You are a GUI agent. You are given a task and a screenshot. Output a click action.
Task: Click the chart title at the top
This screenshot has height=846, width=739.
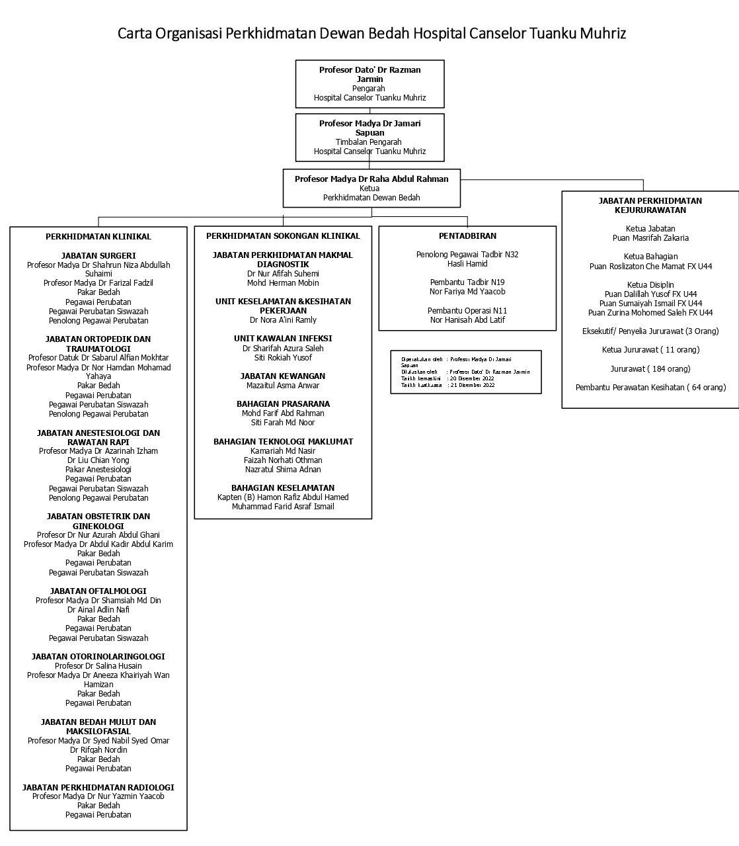[371, 33]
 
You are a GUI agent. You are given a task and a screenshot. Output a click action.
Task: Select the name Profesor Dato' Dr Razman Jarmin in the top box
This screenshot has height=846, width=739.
[370, 74]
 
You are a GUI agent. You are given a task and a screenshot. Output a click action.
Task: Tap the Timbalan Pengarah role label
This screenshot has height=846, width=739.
[368, 142]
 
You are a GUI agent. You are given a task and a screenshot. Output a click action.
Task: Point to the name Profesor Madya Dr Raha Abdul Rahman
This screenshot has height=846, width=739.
[371, 179]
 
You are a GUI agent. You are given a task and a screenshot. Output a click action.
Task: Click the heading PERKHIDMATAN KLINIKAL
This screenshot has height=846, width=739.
[98, 236]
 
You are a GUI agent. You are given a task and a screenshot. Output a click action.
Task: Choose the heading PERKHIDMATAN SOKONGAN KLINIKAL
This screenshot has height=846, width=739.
[283, 235]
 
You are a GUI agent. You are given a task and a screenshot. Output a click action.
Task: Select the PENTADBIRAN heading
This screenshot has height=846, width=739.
[467, 235]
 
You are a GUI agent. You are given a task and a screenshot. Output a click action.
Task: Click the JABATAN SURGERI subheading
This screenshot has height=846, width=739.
[98, 255]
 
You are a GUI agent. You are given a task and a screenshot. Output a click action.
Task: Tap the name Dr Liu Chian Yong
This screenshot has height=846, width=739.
[98, 460]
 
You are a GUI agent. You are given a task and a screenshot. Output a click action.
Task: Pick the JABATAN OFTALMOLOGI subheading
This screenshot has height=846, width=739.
[98, 591]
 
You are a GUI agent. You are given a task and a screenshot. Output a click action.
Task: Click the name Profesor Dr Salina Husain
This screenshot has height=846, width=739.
[98, 665]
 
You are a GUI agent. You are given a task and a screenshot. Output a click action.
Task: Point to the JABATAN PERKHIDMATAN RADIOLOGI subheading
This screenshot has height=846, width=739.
[98, 787]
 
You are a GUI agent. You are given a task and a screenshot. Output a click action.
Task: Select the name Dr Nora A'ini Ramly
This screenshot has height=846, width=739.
[283, 319]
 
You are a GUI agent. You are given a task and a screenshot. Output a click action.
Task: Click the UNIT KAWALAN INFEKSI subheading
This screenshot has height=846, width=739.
[283, 338]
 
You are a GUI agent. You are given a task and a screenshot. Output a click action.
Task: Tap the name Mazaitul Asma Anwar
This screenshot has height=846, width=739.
[283, 385]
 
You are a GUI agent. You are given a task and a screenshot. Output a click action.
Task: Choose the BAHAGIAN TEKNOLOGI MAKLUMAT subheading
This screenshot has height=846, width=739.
[283, 441]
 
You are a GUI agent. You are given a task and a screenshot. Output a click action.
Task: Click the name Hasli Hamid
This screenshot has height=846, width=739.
[467, 263]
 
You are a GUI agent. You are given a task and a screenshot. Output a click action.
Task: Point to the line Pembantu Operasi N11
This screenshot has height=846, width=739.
[467, 310]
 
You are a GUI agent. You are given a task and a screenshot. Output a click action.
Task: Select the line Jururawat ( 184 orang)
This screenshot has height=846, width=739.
[650, 368]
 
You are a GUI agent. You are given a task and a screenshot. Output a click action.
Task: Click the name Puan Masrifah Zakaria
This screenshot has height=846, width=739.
[650, 237]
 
